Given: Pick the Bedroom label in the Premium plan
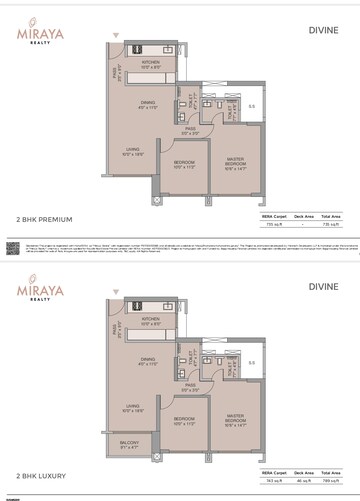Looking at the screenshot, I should point(184,163).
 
